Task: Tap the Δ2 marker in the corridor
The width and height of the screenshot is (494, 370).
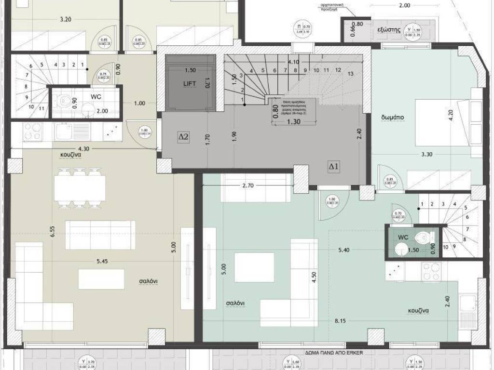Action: [x=184, y=137]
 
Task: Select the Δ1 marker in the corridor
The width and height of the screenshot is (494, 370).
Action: [x=334, y=167]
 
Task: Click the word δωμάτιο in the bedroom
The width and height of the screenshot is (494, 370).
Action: [x=391, y=117]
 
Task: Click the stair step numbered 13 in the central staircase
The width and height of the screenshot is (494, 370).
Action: [x=350, y=73]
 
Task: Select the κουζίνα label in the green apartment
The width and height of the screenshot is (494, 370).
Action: [x=417, y=311]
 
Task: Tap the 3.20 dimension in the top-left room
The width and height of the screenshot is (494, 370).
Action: [x=66, y=20]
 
